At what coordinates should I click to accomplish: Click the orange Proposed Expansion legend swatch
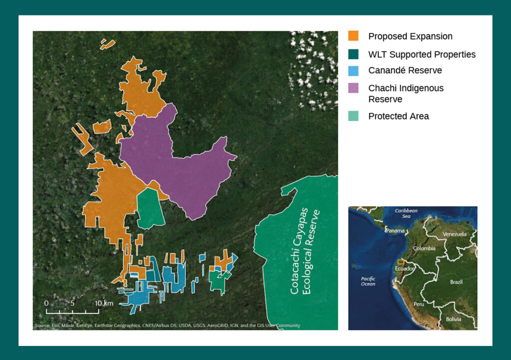pyautogui.click(x=353, y=36)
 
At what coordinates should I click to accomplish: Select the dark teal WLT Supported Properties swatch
pyautogui.click(x=353, y=54)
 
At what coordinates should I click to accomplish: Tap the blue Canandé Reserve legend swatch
pyautogui.click(x=353, y=70)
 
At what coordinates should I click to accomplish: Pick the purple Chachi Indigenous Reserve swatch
pyautogui.click(x=353, y=88)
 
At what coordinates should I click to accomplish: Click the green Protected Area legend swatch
pyautogui.click(x=353, y=116)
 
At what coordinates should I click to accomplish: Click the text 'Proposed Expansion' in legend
pyautogui.click(x=410, y=36)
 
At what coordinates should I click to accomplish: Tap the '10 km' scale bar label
pyautogui.click(x=104, y=303)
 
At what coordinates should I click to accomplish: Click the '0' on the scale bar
pyautogui.click(x=46, y=303)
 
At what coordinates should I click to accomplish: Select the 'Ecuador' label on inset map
pyautogui.click(x=405, y=269)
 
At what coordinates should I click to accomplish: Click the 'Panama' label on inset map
pyautogui.click(x=394, y=231)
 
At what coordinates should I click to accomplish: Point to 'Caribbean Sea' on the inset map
pyautogui.click(x=406, y=213)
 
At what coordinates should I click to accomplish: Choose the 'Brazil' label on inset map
pyautogui.click(x=456, y=282)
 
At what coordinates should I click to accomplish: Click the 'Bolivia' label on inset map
pyautogui.click(x=454, y=319)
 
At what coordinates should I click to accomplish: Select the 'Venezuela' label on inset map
pyautogui.click(x=454, y=234)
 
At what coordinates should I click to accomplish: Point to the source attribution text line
pyautogui.click(x=167, y=326)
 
